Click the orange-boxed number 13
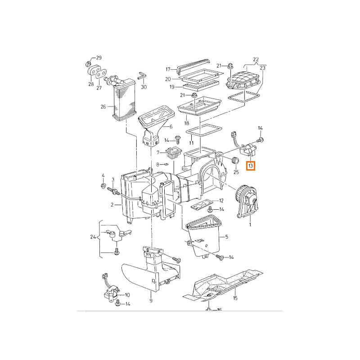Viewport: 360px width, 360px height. [251, 166]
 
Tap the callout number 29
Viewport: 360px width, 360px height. [99, 58]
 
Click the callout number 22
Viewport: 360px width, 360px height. [256, 59]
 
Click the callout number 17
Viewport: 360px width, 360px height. [168, 69]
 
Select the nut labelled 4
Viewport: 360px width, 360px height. [103, 185]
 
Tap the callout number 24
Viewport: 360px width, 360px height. [93, 237]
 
